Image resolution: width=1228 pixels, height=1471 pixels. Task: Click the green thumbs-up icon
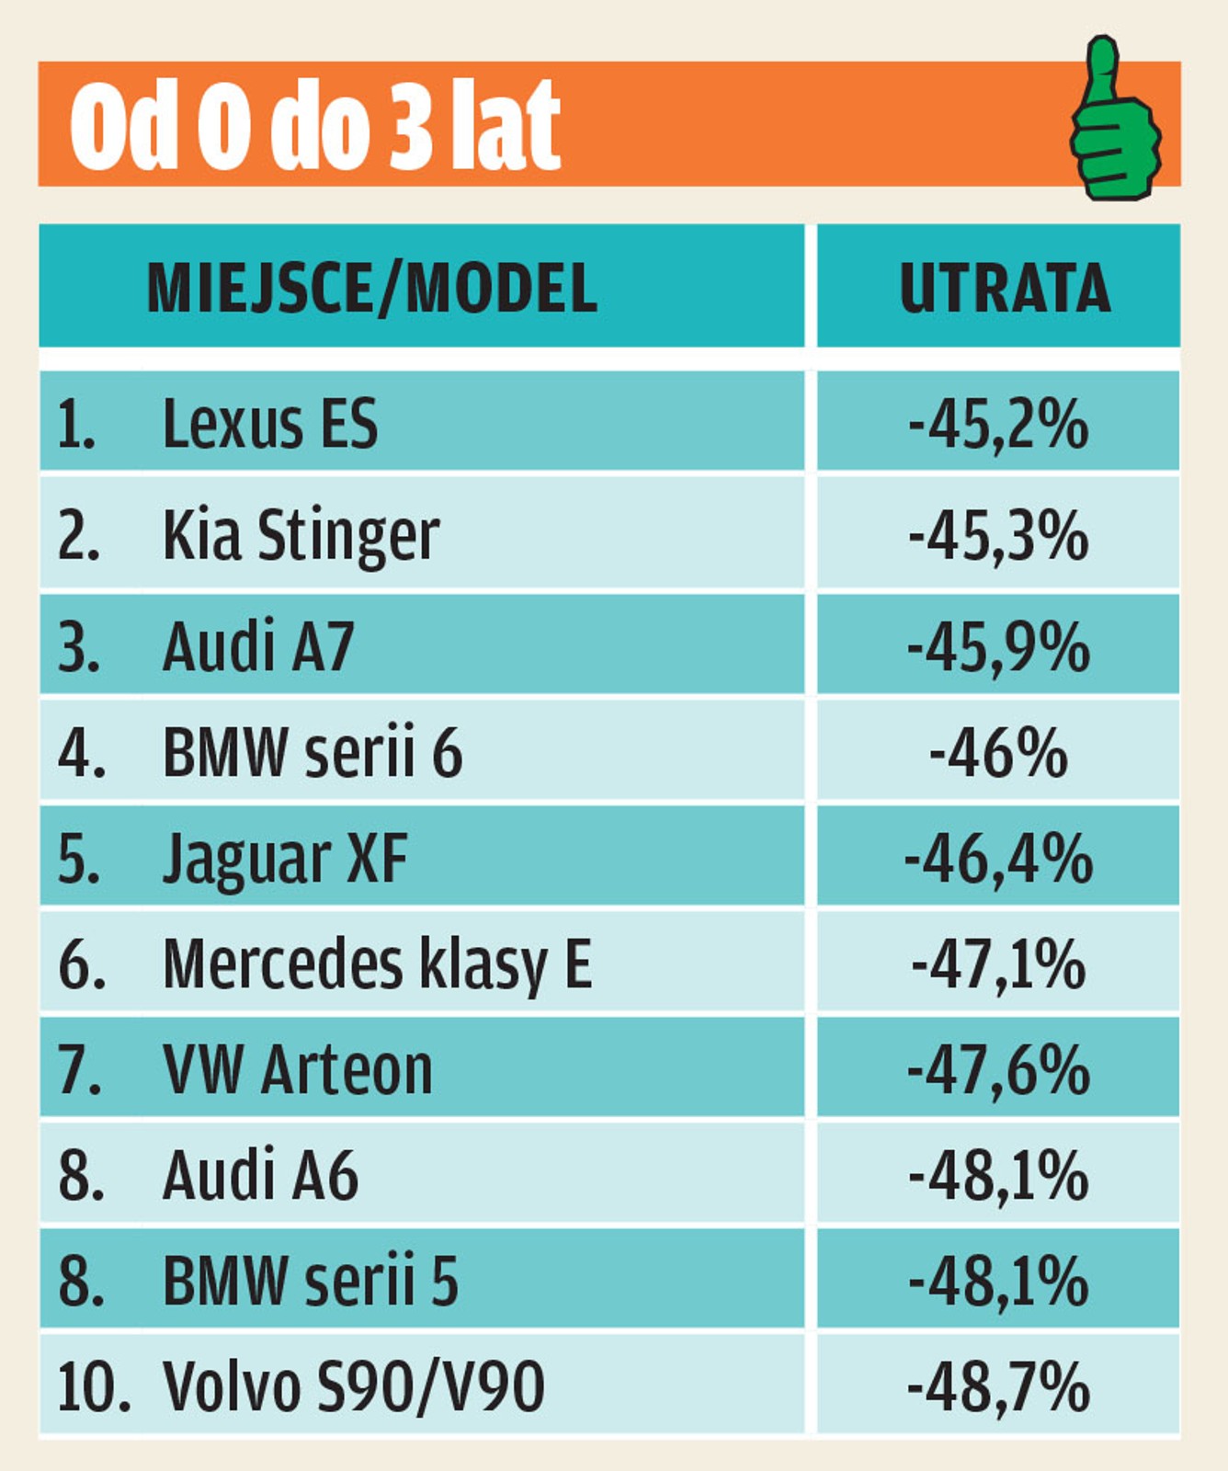[1114, 120]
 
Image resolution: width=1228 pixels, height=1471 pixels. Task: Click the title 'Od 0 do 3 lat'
[314, 124]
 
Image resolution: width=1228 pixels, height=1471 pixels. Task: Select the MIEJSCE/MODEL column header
[372, 288]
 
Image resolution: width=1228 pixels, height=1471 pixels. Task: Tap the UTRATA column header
[1004, 288]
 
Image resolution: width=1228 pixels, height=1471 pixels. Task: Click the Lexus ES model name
[269, 424]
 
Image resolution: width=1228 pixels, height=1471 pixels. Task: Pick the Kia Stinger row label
[301, 535]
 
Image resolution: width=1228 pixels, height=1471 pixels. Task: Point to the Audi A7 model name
[258, 646]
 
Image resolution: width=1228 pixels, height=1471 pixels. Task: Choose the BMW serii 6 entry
[313, 753]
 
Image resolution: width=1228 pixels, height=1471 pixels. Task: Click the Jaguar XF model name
[285, 860]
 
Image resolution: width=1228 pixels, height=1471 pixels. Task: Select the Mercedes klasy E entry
[377, 964]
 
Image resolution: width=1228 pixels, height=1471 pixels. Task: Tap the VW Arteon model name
[297, 1070]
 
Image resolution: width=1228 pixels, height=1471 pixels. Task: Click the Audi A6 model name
[260, 1176]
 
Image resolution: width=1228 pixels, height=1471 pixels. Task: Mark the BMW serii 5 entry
[311, 1281]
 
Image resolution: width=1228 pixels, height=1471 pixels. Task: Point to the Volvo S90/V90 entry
[354, 1386]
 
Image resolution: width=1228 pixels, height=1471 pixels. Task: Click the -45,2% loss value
[998, 424]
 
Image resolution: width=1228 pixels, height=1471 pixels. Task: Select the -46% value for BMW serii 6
[998, 753]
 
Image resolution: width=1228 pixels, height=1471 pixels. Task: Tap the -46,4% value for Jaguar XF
[998, 860]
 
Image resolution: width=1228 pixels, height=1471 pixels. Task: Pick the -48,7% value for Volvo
[998, 1386]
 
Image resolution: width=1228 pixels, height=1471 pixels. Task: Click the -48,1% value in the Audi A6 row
[998, 1176]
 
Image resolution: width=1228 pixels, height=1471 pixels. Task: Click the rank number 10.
[92, 1386]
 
